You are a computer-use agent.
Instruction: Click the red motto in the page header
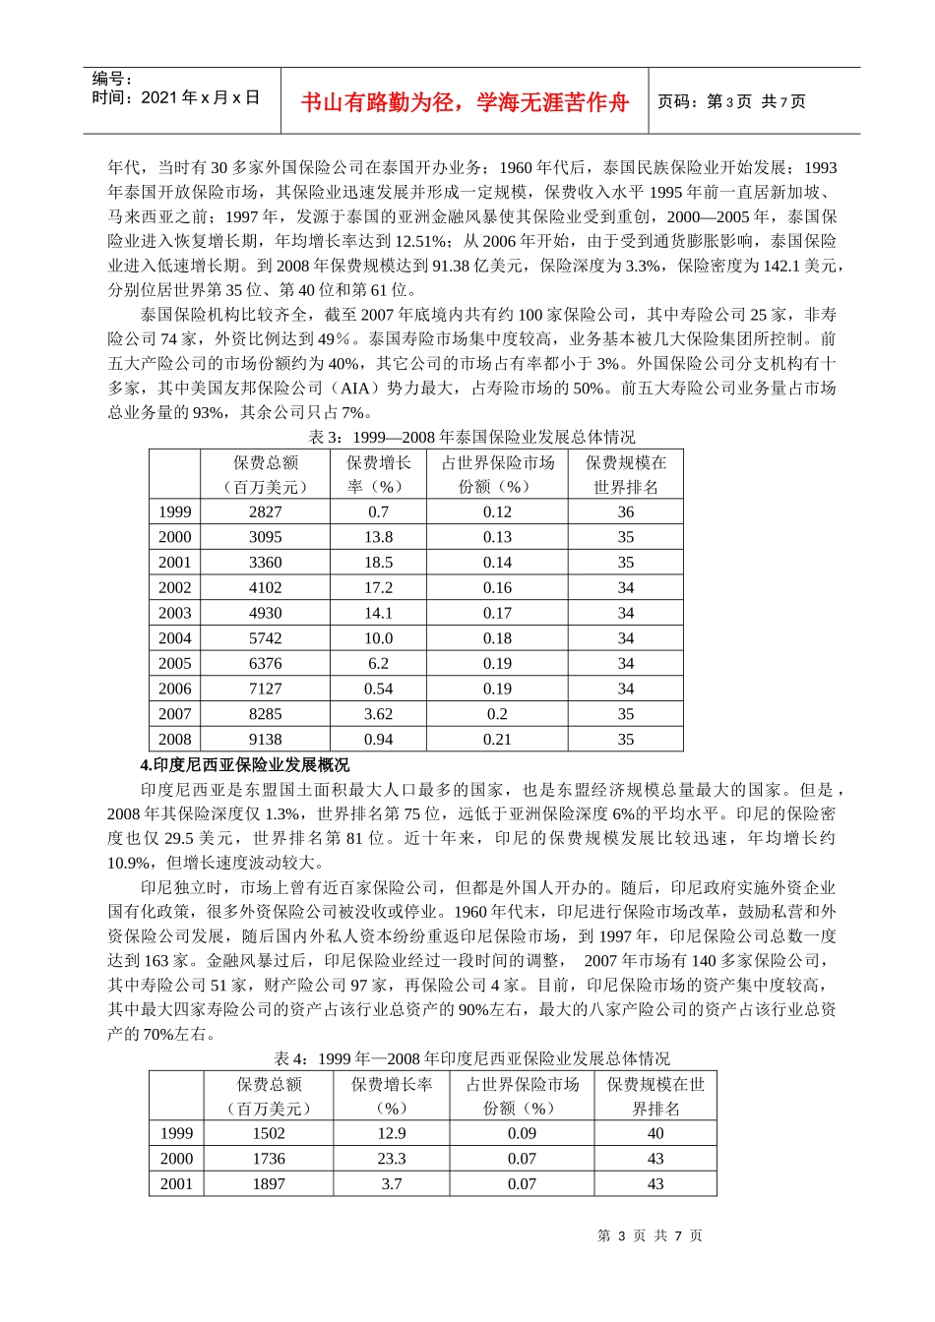tap(465, 102)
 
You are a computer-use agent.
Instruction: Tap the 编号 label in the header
tap(112, 79)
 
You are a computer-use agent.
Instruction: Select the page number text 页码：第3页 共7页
tap(731, 101)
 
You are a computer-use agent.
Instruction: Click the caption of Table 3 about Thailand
tap(471, 437)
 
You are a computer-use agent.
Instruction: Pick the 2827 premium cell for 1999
tap(265, 511)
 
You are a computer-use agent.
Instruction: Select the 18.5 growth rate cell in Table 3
tap(378, 563)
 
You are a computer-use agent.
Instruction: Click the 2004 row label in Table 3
tap(175, 638)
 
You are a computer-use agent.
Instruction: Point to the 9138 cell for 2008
tap(265, 740)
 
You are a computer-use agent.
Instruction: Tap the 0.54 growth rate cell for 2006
tap(378, 689)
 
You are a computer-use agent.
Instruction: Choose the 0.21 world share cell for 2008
tap(497, 740)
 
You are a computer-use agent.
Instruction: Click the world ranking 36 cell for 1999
tap(625, 511)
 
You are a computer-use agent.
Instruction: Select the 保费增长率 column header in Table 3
tap(378, 474)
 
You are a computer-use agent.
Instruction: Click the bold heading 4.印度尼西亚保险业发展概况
tap(244, 764)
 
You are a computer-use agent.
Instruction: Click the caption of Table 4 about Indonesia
tap(471, 1058)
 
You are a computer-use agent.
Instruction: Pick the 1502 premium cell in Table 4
tap(269, 1133)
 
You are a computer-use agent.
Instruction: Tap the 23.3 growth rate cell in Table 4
tap(392, 1159)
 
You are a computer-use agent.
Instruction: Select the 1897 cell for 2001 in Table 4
tap(269, 1184)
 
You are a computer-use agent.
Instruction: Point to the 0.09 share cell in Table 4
tap(522, 1133)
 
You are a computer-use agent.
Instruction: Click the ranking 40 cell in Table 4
tap(655, 1133)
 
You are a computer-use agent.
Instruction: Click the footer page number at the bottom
tap(650, 1235)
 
